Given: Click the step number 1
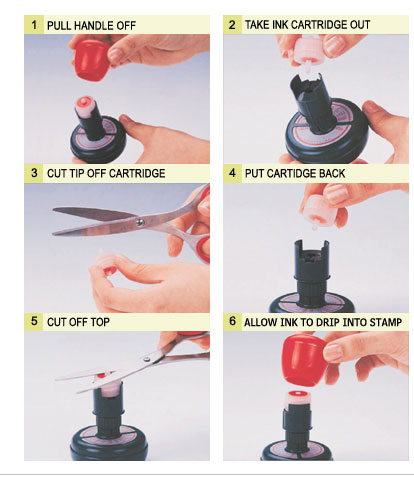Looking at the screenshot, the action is point(34,25).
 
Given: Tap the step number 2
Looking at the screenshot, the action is point(232,24).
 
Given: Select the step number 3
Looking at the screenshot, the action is point(34,173).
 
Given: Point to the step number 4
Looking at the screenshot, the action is point(232,173).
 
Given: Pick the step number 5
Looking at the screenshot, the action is point(34,321).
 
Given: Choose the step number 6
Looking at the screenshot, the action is point(232,321).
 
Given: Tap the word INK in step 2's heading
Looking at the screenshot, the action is point(280,25).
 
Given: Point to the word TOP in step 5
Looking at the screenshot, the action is point(100,322).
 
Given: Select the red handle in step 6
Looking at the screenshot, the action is point(303,361).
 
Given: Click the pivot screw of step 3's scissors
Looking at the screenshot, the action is point(140,222).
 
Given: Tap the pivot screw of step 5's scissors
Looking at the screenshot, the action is point(147,359).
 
